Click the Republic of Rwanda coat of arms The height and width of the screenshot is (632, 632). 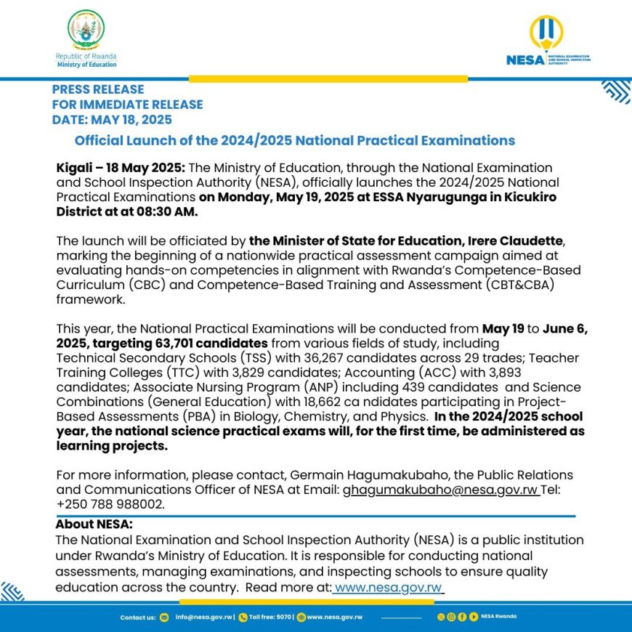(86, 31)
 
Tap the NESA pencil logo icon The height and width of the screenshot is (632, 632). (546, 33)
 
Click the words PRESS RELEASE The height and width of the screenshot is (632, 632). (98, 89)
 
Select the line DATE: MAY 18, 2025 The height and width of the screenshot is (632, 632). (112, 119)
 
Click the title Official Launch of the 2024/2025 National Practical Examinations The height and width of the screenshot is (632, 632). (295, 141)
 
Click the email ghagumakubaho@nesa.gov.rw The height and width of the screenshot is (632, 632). (441, 490)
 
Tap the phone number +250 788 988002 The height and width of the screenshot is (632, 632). (110, 504)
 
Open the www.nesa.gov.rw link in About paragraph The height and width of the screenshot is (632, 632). (388, 587)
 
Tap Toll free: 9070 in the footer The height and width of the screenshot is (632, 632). (270, 617)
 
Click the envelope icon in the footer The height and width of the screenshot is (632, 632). (164, 617)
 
